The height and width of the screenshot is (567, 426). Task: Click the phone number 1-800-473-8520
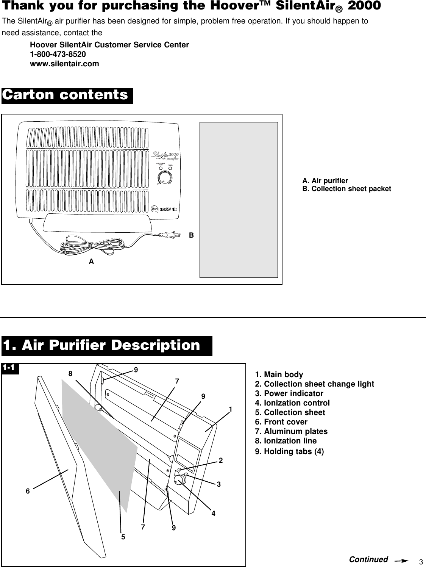58,54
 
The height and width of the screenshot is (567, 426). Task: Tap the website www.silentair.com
64,64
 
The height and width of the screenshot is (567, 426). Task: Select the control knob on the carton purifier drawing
165,178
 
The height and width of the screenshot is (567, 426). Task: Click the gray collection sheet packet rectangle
239,200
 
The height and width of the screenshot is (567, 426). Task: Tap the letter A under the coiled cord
91,262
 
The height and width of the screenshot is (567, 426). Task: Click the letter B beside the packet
192,235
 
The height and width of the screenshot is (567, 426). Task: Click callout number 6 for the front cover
28,491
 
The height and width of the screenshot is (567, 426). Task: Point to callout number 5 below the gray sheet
123,537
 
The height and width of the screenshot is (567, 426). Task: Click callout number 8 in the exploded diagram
70,373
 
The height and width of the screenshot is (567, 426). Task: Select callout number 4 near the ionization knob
214,514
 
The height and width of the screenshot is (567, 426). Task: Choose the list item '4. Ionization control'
293,403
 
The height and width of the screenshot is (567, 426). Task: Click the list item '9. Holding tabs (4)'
290,451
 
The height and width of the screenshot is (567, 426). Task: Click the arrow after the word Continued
403,560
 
